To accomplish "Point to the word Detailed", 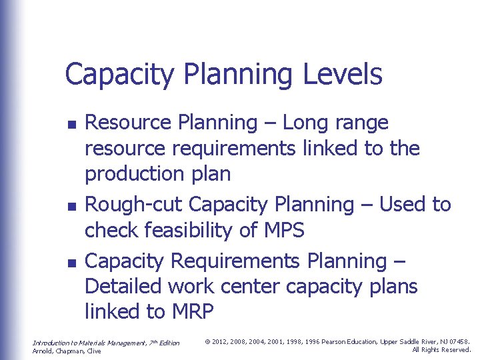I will point(123,286).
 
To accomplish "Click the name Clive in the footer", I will point(93,351).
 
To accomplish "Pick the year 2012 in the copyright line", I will point(220,342).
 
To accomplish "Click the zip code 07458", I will point(461,342).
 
